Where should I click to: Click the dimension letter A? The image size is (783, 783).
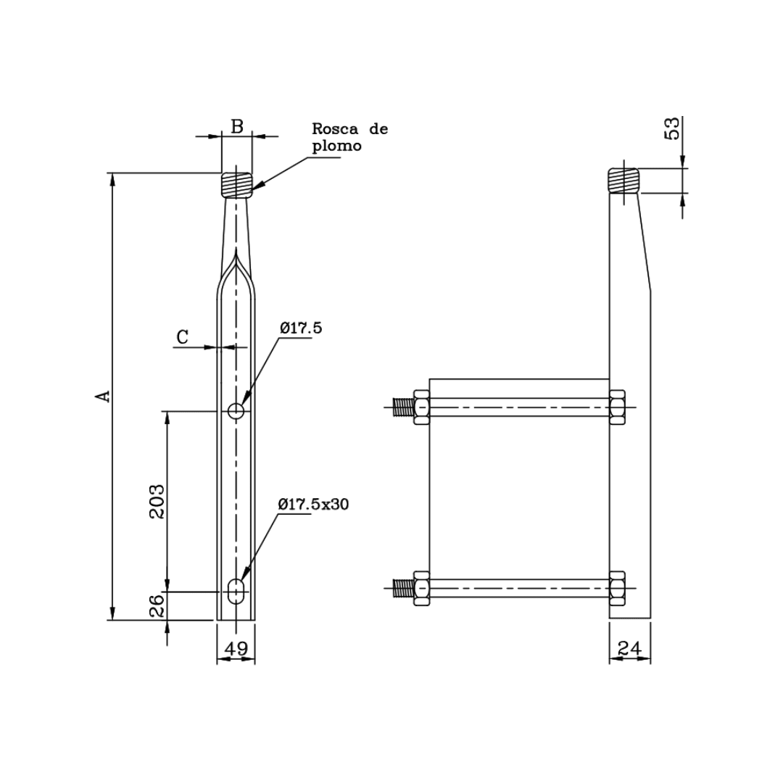pos(104,396)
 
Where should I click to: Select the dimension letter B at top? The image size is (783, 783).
pos(237,126)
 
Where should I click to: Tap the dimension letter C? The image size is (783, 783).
pos(183,336)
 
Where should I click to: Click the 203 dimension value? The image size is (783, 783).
pos(157,500)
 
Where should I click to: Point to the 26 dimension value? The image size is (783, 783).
pos(157,606)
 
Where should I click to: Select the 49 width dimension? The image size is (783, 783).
pos(236,648)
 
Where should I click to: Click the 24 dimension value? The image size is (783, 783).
pos(629,648)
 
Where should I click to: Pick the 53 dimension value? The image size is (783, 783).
pos(674,128)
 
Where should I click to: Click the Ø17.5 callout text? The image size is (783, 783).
pos(301,328)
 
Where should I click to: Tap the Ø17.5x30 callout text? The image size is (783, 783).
pos(313,505)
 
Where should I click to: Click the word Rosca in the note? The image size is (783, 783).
pos(335,130)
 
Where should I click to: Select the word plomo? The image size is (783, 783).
pos(336,146)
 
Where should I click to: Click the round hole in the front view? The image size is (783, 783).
pos(236,411)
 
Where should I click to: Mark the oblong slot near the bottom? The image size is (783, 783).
pos(236,591)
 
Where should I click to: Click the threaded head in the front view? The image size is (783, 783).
pos(236,185)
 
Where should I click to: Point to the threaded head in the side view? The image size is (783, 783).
pos(623,181)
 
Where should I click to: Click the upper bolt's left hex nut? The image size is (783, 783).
pos(421,407)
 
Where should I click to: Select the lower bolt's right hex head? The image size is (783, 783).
pos(617,588)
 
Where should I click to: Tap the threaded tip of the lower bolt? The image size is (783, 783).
pos(402,588)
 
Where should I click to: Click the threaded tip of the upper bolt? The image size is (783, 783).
pos(402,407)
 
